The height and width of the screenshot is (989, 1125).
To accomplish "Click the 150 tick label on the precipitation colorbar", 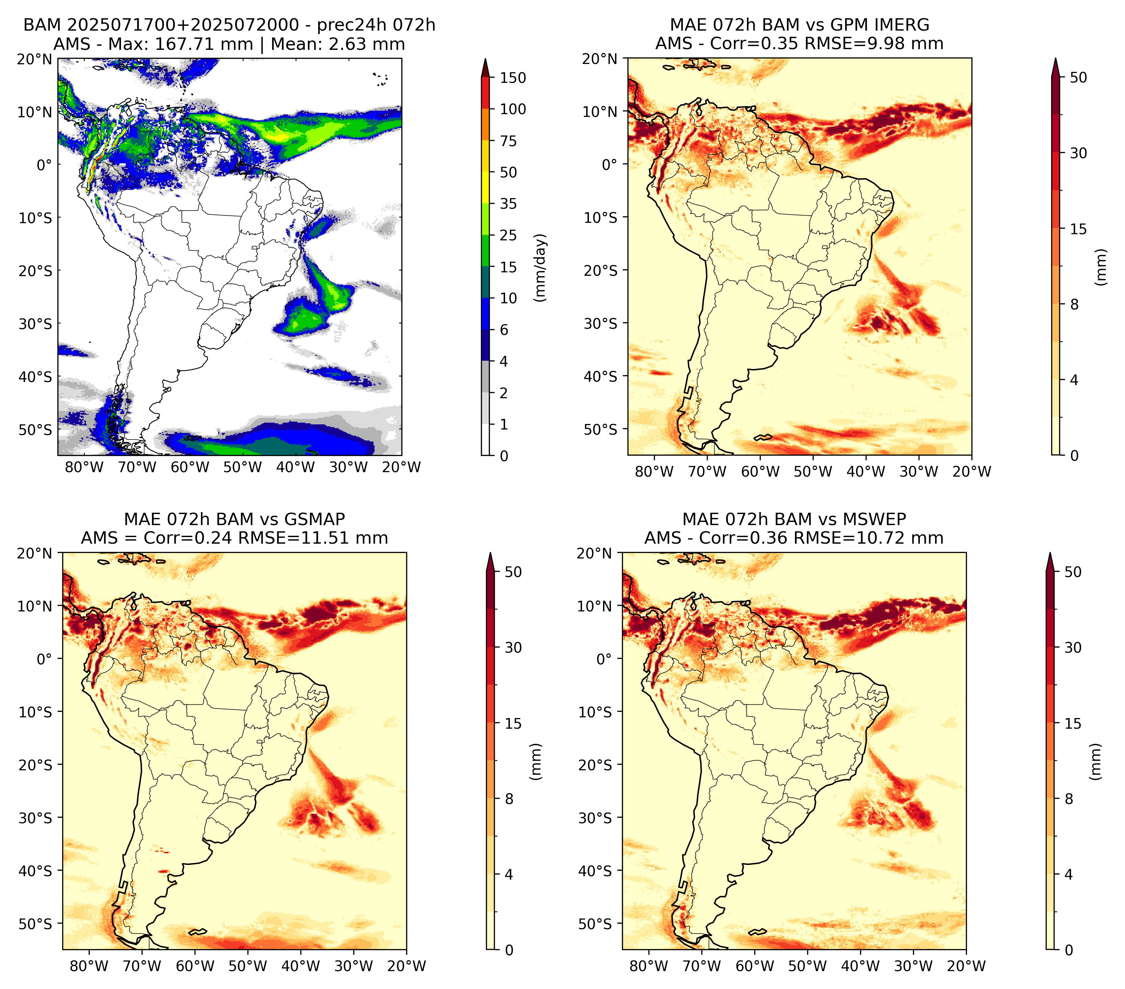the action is [513, 78].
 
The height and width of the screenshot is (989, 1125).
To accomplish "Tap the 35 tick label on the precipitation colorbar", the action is [509, 204].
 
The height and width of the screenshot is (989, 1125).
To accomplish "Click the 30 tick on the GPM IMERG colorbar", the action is [1078, 153].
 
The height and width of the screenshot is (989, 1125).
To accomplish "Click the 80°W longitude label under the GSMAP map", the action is [89, 966].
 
